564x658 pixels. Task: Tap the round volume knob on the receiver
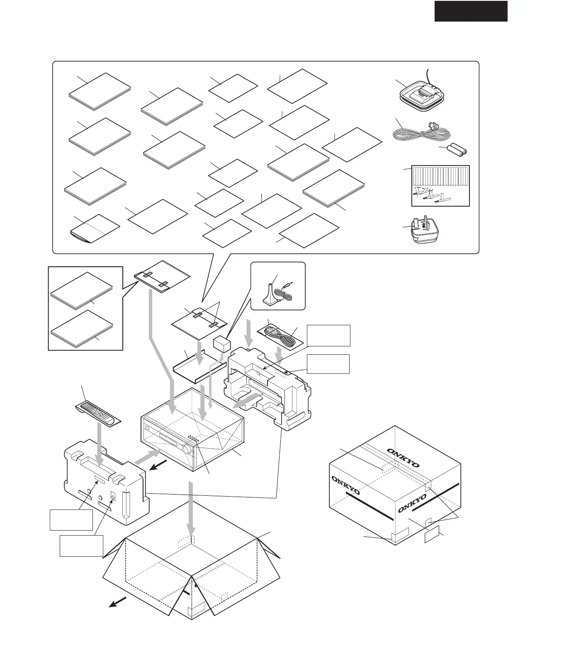click(187, 448)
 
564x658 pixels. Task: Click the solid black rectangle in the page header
click(471, 11)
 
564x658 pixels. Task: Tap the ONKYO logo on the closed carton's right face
click(412, 502)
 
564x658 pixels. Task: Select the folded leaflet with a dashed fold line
click(94, 232)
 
